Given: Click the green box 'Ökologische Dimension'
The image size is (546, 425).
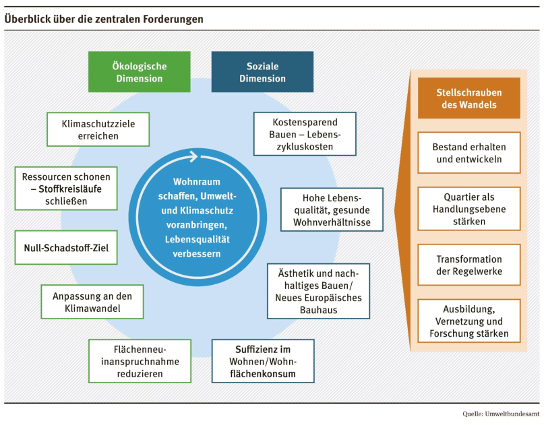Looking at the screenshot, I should click(x=139, y=72).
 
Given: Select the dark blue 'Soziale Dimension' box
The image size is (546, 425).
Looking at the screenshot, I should click(x=262, y=72).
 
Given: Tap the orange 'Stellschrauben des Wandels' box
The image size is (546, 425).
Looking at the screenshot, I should click(x=468, y=98).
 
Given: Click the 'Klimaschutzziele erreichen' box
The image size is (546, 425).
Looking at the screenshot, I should click(x=98, y=129).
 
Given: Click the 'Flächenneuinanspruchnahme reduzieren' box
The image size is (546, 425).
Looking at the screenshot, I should click(x=140, y=361).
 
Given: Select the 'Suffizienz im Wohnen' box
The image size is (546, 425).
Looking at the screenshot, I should click(x=263, y=361).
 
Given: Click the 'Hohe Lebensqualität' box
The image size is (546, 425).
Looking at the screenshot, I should click(x=332, y=209).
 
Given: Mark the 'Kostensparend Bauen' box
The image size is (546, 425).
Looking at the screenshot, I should click(x=305, y=133).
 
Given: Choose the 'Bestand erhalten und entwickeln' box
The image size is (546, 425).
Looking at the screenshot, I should click(x=468, y=152).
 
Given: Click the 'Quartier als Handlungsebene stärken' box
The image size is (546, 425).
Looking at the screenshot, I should click(x=468, y=209).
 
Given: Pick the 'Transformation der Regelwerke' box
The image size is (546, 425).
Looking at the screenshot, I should click(x=468, y=265).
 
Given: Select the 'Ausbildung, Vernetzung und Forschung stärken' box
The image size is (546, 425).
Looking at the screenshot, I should click(x=468, y=321).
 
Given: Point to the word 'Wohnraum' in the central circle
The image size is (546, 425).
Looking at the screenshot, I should click(x=197, y=182).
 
